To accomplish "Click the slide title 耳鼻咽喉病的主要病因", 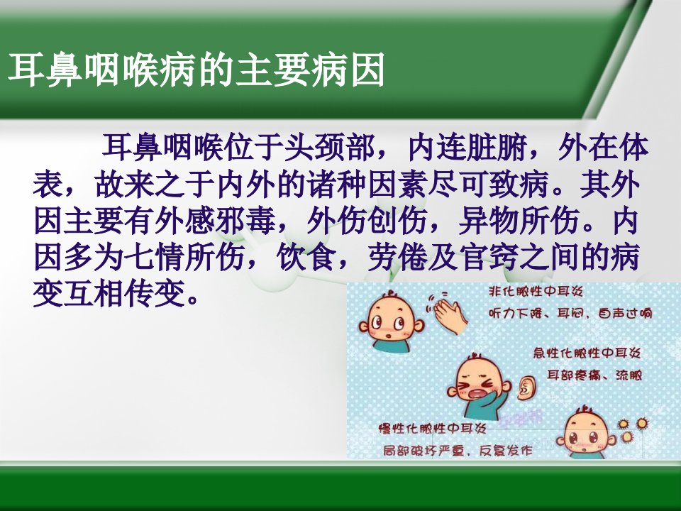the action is [x=196, y=70].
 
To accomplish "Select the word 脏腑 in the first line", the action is [x=498, y=148].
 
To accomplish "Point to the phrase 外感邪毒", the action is [x=215, y=221].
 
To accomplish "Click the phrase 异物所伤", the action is [x=519, y=221].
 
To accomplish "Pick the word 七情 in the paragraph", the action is [x=155, y=258].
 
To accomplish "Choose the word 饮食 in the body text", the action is [x=306, y=258].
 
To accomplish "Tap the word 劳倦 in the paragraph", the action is [x=397, y=258].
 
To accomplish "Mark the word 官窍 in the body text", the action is [x=489, y=258].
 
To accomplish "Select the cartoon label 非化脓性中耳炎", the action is [x=536, y=291].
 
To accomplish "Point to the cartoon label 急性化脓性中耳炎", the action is [x=587, y=353].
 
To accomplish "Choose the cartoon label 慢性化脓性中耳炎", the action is [x=433, y=429].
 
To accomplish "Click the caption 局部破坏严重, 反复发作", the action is [x=458, y=451].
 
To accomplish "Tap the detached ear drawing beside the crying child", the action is [x=527, y=388].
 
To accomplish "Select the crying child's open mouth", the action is [x=475, y=394].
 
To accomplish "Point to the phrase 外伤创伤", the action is [x=367, y=221].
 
